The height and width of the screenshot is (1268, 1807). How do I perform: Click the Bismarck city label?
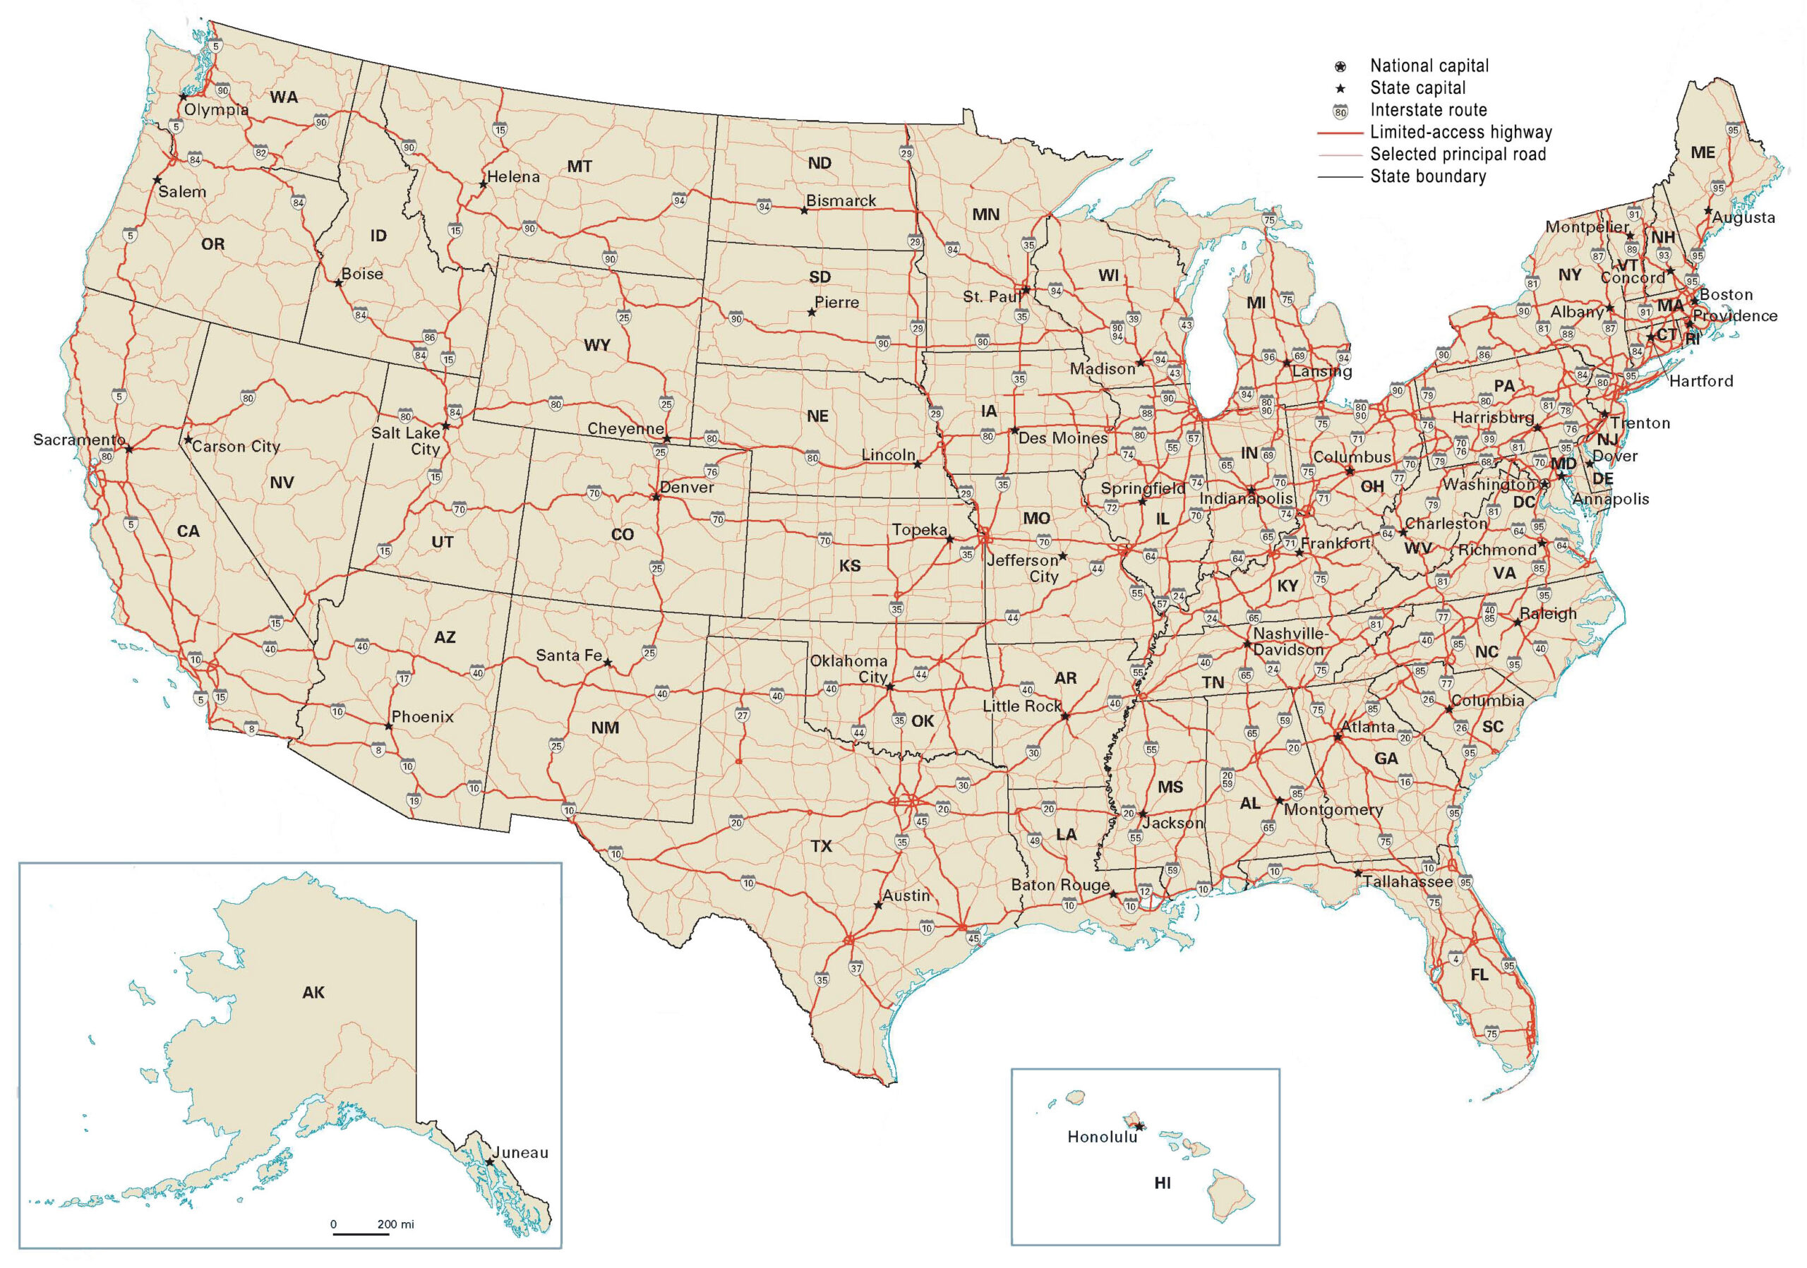coord(841,200)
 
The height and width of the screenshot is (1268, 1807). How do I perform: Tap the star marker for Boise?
coord(338,282)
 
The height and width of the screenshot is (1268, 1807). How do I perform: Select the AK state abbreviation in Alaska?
coord(313,993)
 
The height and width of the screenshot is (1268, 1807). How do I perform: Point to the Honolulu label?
coord(1102,1137)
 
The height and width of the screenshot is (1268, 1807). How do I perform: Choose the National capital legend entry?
coord(1429,66)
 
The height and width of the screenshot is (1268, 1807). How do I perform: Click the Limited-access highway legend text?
coord(1460,132)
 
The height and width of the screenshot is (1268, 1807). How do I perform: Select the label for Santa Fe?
coord(568,656)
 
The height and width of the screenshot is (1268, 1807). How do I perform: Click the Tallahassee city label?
coord(1408,882)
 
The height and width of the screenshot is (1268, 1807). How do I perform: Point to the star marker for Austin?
coord(878,905)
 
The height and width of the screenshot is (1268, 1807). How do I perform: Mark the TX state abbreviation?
coord(821,846)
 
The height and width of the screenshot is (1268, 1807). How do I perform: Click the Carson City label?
coord(235,447)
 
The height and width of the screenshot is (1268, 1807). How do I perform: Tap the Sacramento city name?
coord(78,440)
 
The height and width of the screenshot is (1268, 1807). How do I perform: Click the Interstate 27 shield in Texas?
coord(742,715)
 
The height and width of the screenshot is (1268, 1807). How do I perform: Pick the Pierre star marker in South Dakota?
coord(812,313)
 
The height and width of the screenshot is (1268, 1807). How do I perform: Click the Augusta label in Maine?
coord(1743,218)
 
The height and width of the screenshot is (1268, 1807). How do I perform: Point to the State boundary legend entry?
coord(1428,176)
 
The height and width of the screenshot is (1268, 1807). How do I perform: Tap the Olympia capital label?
coord(217,110)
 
